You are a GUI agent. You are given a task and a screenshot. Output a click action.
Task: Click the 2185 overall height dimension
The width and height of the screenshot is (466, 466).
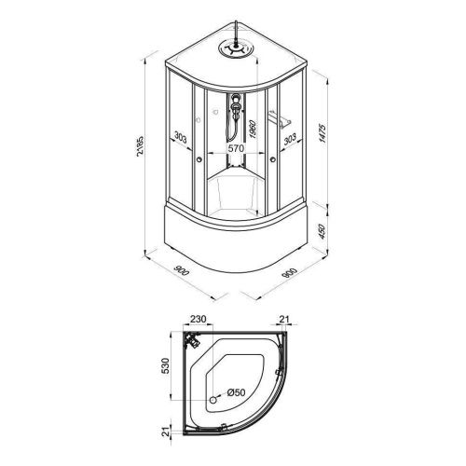tap(141, 146)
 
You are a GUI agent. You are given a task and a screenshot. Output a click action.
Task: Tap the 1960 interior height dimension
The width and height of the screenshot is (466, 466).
tap(253, 130)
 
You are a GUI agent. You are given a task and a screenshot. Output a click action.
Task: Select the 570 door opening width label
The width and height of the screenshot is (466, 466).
tap(236, 148)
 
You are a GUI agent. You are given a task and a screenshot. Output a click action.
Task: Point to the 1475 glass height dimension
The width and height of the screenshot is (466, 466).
tap(322, 133)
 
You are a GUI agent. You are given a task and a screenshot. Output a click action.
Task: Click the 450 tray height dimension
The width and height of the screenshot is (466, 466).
tap(322, 231)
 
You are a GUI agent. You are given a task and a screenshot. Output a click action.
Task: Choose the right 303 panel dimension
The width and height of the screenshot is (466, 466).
tap(290, 139)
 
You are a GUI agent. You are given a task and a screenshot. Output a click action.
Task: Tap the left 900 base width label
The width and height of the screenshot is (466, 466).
tap(182, 270)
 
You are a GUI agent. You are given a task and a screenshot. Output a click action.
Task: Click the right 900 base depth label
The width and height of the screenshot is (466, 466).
tap(290, 272)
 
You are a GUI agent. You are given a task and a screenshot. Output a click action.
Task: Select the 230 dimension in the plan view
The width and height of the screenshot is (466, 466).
tap(198, 319)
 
